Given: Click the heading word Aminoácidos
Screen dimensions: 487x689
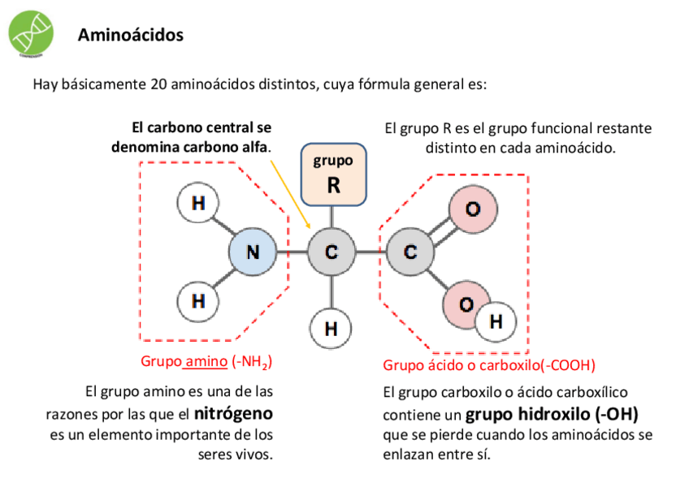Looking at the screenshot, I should point(131,36).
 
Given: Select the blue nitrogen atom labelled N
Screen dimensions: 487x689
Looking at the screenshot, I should point(253,252).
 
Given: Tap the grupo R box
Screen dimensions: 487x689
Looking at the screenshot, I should point(333,175).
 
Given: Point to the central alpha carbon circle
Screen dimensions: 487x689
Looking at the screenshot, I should point(331,252).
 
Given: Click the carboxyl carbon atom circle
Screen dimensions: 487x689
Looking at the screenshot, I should point(409,252).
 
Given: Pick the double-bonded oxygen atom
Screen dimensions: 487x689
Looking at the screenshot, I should point(472,209).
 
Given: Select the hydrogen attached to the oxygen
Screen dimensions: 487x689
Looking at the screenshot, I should point(496,321).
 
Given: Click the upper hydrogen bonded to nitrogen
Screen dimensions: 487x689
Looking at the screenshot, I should point(197,204).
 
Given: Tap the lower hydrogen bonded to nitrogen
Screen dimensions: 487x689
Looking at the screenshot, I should point(197,300).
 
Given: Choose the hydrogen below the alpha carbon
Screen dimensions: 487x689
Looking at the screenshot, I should point(331,329).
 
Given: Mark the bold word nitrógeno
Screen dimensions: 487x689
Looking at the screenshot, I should point(233,413).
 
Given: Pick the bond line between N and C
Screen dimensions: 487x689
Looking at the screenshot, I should point(292,252).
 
